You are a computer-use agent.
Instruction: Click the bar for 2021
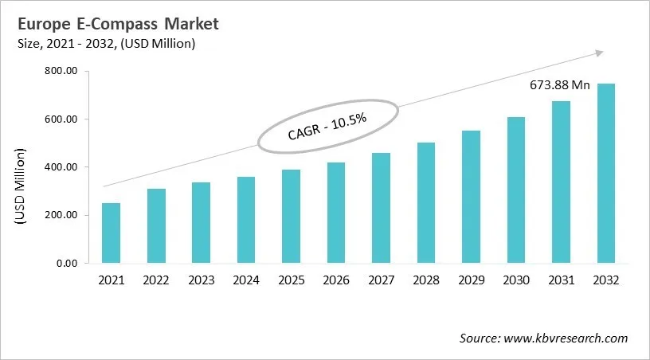(111, 233)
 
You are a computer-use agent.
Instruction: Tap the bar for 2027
(381, 208)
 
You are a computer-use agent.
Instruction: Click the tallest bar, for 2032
(606, 173)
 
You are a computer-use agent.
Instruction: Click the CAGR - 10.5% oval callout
(327, 128)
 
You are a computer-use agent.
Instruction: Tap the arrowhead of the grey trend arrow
(597, 53)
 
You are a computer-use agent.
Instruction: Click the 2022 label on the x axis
(155, 280)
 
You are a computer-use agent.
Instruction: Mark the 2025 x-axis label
(291, 280)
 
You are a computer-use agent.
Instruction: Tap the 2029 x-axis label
(471, 280)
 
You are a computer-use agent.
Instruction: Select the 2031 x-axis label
(561, 280)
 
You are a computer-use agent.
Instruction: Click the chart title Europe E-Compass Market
(111, 24)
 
